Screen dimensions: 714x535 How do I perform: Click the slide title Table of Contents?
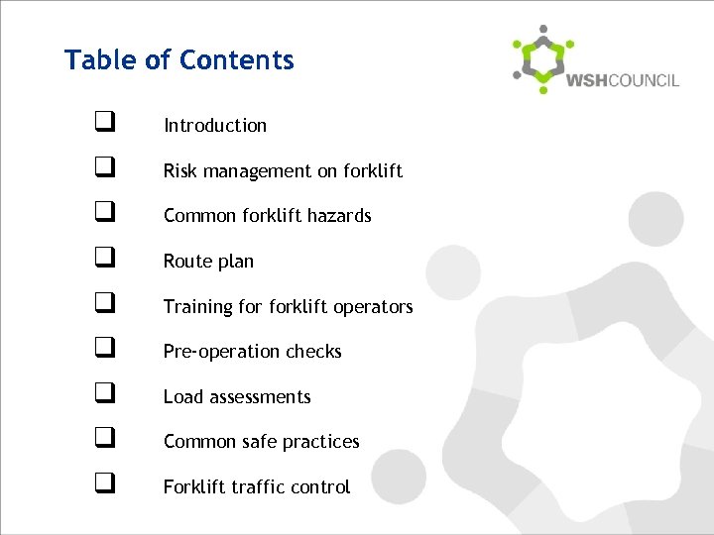[x=179, y=60]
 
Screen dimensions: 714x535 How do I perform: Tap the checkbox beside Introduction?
[x=103, y=124]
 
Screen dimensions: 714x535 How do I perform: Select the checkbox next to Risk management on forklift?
[x=103, y=169]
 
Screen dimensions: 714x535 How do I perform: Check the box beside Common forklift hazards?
[x=103, y=214]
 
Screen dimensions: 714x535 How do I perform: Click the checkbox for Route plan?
[x=103, y=260]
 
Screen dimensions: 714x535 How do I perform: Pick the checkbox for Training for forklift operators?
[x=103, y=305]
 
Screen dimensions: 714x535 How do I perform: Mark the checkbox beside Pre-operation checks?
[x=103, y=350]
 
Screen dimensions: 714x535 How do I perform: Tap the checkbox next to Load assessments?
[x=103, y=395]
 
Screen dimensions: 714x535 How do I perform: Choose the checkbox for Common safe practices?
[x=103, y=440]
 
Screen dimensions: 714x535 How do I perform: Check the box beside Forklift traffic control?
[x=103, y=485]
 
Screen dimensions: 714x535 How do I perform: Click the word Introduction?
[x=215, y=126]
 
